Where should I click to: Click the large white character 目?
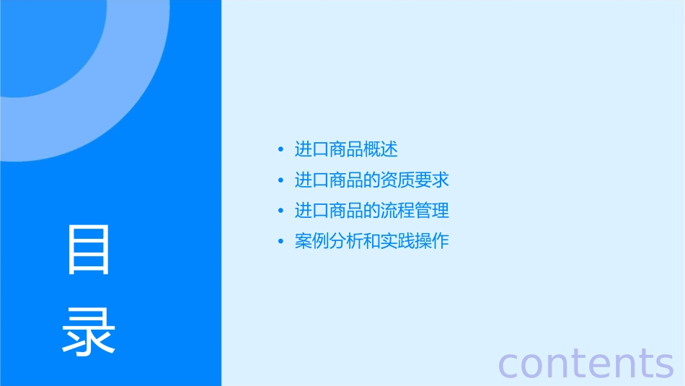coord(89,250)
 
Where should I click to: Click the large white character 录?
coord(89,332)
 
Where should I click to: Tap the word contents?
coord(585,363)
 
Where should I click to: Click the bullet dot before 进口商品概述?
coord(280,150)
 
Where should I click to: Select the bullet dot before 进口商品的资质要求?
coord(280,180)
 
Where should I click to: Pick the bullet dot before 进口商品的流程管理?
coord(280,211)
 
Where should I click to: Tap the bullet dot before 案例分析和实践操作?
coord(280,241)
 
